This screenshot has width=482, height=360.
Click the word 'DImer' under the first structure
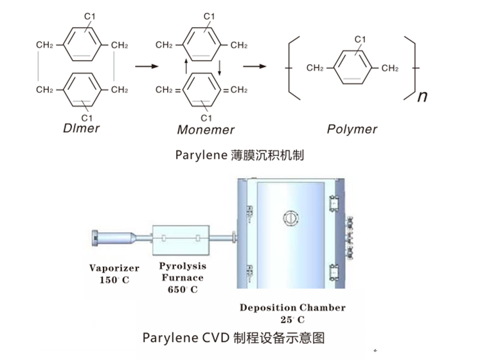[82, 128]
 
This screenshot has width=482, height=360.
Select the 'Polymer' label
[352, 129]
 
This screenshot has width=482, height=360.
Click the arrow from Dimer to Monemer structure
[146, 66]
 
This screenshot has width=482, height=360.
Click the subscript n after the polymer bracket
[422, 97]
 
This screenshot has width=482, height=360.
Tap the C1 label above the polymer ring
[361, 40]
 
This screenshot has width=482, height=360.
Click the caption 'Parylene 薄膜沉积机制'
[239, 155]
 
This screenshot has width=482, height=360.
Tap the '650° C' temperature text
[182, 289]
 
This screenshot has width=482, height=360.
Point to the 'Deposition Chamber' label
[292, 307]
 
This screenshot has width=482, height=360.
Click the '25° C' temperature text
[292, 319]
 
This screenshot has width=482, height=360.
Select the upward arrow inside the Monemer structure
[185, 66]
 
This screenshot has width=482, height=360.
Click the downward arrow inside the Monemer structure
[219, 66]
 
